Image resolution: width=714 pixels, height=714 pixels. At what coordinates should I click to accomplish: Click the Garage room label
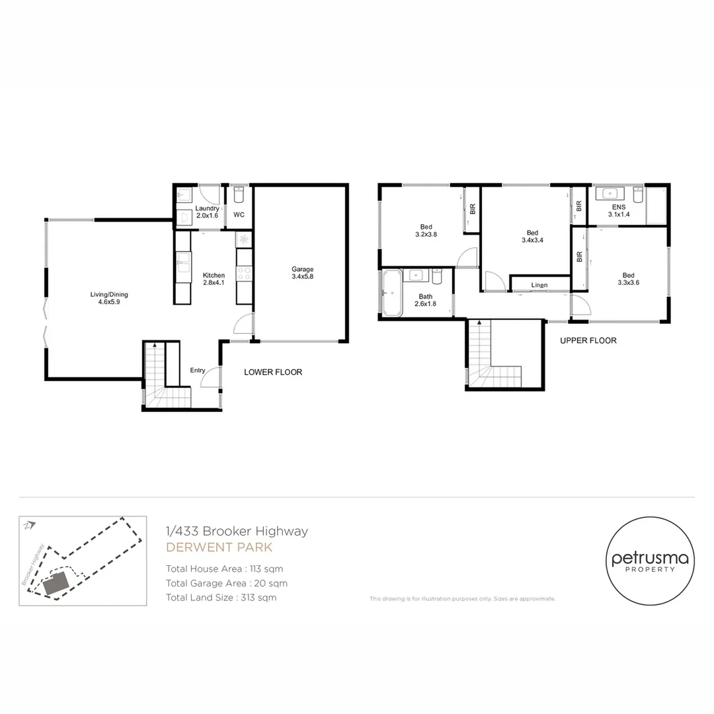point(302,273)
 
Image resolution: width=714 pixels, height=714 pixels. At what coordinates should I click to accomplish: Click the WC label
point(239,215)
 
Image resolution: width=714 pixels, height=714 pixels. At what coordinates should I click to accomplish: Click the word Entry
point(198,370)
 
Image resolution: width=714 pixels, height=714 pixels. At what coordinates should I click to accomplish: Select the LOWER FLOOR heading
point(273,372)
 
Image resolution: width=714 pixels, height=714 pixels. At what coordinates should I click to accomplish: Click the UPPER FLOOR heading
point(588,340)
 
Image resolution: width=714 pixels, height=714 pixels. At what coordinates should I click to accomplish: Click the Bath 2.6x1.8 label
point(425,300)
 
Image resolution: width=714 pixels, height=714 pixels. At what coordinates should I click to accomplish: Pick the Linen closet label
point(539,285)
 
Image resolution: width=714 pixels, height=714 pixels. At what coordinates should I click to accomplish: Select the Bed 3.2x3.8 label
point(426,230)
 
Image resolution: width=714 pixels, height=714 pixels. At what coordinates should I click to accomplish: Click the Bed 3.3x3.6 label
point(627,280)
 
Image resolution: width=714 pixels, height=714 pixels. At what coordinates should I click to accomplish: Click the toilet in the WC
point(239,195)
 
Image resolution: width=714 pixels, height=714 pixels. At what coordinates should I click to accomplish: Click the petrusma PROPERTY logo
point(650,561)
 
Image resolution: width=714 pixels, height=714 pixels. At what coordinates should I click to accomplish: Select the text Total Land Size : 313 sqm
point(221,598)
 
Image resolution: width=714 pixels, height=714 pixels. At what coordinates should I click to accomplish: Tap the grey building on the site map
point(54,583)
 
